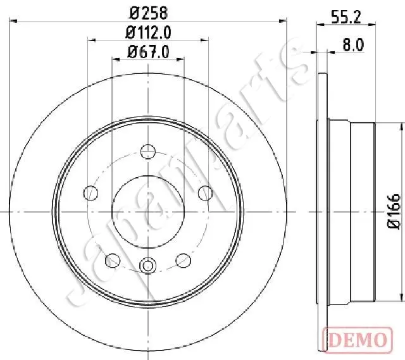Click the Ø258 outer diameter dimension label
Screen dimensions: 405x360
[x=149, y=13]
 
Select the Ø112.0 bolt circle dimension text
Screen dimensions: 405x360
[x=148, y=33]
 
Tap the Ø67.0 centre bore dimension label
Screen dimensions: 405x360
[x=148, y=52]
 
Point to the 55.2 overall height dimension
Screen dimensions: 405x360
[x=346, y=17]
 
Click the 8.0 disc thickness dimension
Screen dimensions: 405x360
[x=353, y=45]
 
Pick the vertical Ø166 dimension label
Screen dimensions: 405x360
[x=394, y=211]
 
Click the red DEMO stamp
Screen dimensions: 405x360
[x=358, y=339]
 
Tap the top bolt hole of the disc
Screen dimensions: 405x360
[x=148, y=151]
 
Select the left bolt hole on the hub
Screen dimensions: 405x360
[x=91, y=193]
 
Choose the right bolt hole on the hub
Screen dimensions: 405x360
[x=205, y=193]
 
